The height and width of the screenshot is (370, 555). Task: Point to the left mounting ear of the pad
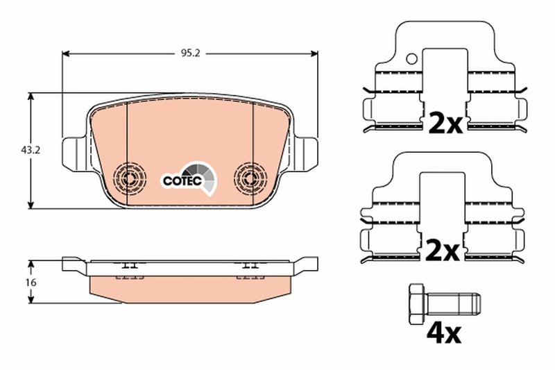74,152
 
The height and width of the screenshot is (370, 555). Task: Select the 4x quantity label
442,335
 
